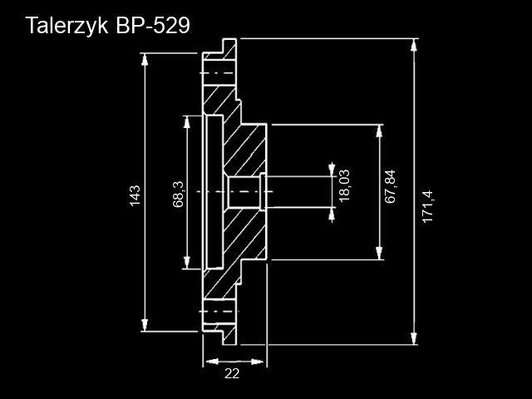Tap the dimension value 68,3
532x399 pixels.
click(178, 193)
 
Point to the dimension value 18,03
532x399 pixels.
click(344, 185)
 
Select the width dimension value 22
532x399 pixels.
click(232, 374)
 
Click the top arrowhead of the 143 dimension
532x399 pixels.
click(145, 59)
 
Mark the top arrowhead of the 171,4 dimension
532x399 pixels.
click(414, 44)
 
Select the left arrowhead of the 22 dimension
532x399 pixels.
click(209, 362)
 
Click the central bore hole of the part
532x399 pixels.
click(245, 193)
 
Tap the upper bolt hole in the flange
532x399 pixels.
click(219, 74)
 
